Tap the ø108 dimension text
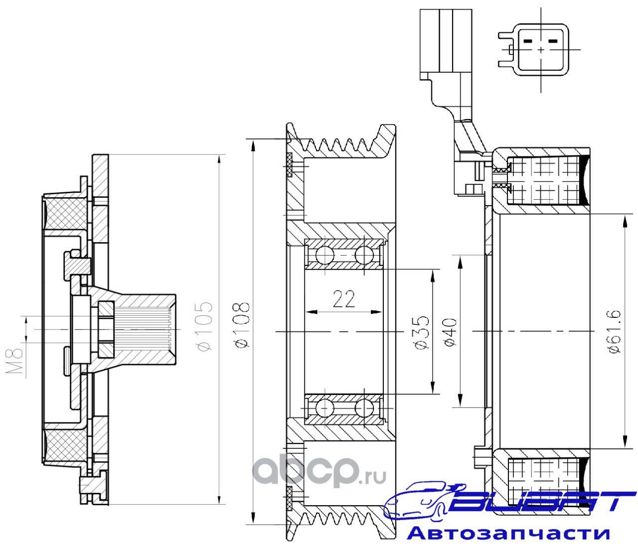coord(241,325)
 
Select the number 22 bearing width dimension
coord(344,299)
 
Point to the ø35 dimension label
coord(421,332)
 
